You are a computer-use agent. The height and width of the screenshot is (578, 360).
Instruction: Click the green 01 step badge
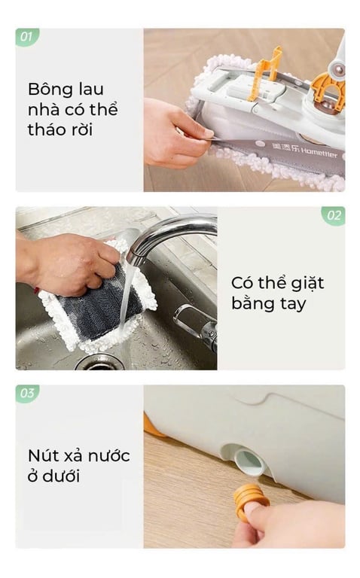(27, 37)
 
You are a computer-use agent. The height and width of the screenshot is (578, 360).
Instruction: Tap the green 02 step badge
(333, 215)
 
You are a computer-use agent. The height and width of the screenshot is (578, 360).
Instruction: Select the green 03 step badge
(27, 394)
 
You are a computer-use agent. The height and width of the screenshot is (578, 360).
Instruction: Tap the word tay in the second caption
(293, 305)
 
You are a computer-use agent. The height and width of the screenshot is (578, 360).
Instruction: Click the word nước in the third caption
(111, 456)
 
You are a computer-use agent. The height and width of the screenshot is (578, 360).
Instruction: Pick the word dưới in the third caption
(61, 476)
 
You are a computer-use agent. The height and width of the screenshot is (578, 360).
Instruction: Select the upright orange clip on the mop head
(266, 73)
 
